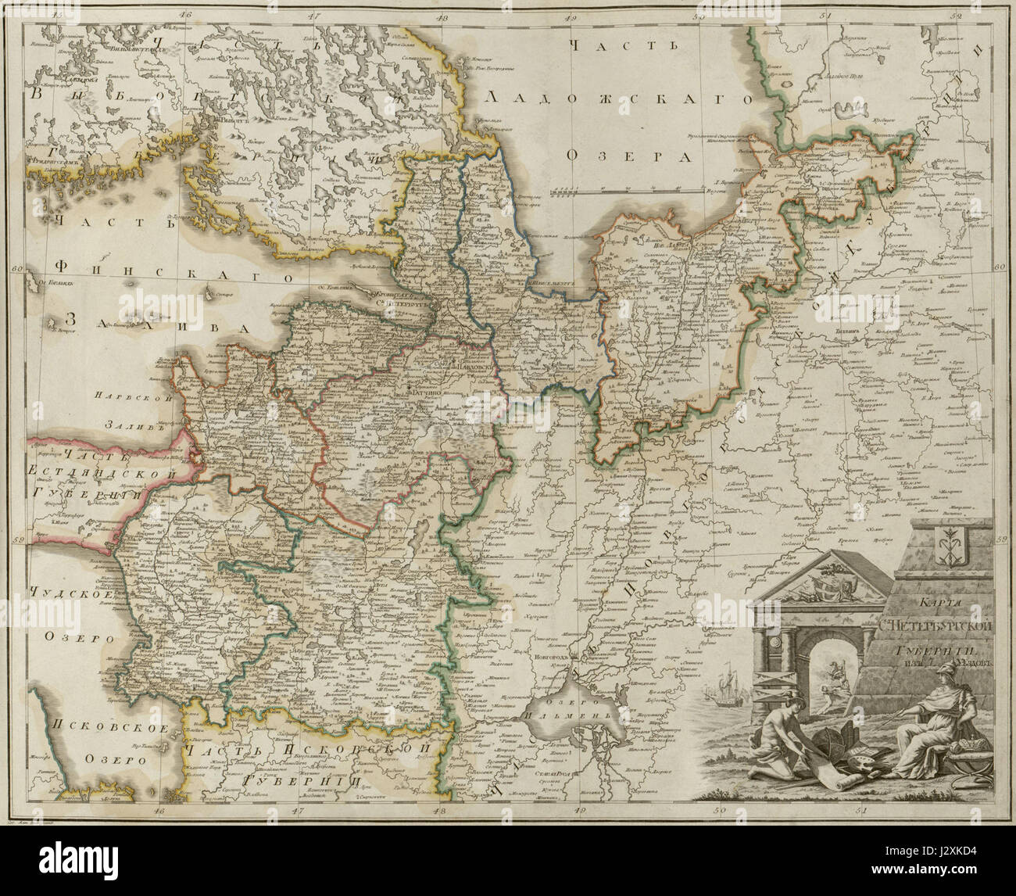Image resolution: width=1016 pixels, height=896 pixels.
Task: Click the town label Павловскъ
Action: click(x=475, y=367)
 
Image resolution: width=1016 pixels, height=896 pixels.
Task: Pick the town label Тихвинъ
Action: click(x=837, y=332)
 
